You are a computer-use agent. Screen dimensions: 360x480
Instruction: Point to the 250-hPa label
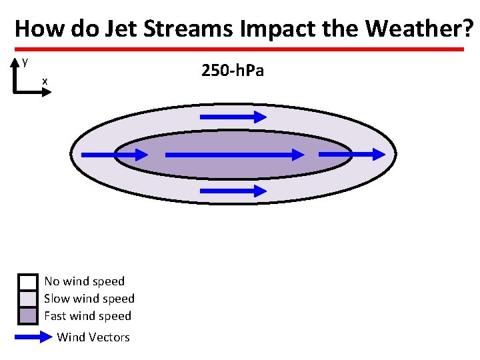pos(233,70)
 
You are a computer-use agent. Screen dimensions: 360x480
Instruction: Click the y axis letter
pos(25,61)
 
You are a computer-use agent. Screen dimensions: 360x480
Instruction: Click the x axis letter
pos(45,81)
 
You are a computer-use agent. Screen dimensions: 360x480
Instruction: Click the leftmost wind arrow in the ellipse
pos(114,155)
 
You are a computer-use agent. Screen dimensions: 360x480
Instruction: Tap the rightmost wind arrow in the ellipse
pos(347,154)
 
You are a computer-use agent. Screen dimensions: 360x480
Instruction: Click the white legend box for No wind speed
pos(27,281)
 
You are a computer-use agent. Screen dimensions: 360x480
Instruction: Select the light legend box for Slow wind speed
pos(27,299)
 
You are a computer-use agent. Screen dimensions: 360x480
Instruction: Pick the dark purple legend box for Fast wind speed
pos(27,315)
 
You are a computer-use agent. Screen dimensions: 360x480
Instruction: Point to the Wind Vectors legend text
pos(93,337)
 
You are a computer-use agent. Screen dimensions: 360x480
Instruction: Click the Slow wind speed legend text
pos(89,299)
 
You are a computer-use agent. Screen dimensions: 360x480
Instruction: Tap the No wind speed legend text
pos(84,281)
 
